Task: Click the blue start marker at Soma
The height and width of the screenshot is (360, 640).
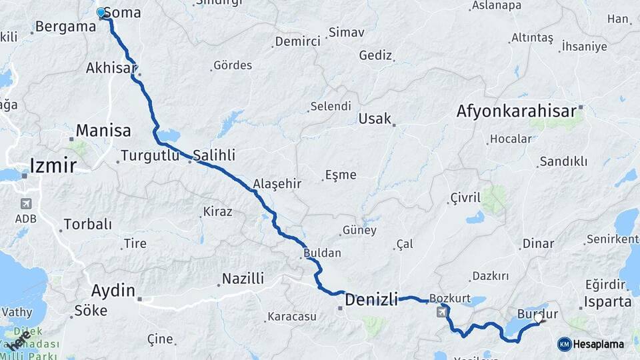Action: coord(101,12)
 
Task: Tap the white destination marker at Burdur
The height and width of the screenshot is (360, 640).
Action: coord(538,320)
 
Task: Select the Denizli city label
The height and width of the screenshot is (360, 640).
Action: coord(371,300)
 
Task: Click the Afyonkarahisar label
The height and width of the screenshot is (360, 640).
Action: coord(516,111)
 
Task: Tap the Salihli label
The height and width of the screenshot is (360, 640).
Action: coord(214,155)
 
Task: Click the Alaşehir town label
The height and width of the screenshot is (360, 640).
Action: coord(277,184)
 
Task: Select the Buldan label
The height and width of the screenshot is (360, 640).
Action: coord(322,253)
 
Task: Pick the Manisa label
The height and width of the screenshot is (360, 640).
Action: coord(103,130)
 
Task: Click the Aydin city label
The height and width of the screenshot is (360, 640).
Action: coord(113,291)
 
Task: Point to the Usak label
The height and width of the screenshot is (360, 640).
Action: coord(375,119)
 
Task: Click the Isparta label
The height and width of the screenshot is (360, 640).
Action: coord(607,301)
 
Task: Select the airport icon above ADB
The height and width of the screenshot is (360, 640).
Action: coord(26,203)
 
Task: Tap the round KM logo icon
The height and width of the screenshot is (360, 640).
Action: coord(564,344)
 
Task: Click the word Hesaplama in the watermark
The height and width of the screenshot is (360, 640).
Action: coord(598,344)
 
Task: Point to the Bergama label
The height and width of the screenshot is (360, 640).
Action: coord(65,27)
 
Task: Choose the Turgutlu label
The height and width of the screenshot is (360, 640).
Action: coord(151,156)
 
